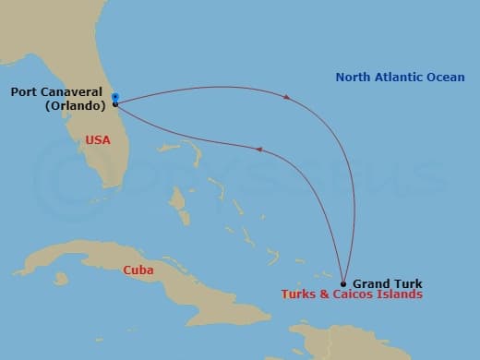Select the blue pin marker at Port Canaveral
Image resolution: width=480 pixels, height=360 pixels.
click(114, 95)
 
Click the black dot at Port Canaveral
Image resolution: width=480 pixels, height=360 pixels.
click(114, 103)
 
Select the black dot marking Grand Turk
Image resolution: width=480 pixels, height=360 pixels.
click(343, 284)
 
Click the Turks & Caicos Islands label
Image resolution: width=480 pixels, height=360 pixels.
click(352, 294)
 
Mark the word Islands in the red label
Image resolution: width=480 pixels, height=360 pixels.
click(401, 294)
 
